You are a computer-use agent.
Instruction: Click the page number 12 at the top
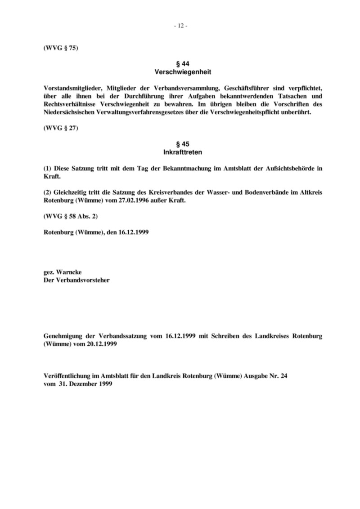180,26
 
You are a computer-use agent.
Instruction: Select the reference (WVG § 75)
61,48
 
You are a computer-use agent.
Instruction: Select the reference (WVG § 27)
61,128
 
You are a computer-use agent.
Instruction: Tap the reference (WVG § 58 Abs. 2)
71,216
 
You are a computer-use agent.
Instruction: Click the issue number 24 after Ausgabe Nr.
283,376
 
